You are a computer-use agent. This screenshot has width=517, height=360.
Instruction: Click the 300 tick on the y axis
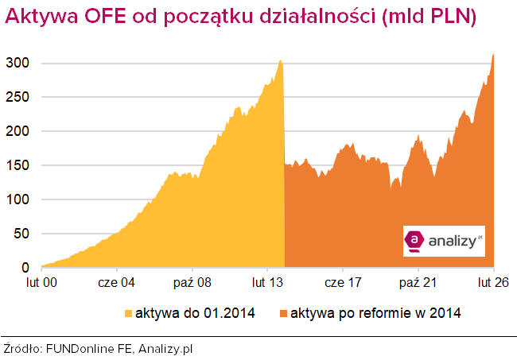click(21, 63)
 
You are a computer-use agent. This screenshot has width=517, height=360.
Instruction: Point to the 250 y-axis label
click(21, 97)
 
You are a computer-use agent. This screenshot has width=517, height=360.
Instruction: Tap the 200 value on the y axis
click(21, 131)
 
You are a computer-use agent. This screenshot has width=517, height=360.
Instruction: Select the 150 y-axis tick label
click(21, 165)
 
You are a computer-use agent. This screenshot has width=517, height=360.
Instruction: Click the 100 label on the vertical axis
click(21, 199)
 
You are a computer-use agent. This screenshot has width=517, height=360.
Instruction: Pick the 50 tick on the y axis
click(24, 234)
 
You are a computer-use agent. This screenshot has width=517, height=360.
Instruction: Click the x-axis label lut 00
click(41, 282)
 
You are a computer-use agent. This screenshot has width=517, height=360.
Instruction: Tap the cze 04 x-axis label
click(116, 282)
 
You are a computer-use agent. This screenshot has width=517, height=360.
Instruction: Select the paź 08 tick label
click(192, 282)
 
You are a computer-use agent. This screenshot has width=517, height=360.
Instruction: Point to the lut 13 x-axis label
click(268, 282)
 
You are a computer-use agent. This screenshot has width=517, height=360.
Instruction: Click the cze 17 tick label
click(344, 282)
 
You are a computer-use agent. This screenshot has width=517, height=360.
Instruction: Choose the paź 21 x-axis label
click(419, 282)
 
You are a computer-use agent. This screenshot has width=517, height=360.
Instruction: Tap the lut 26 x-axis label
click(493, 282)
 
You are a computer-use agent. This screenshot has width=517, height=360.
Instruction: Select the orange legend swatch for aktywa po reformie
click(283, 313)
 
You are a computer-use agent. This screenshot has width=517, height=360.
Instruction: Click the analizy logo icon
click(415, 240)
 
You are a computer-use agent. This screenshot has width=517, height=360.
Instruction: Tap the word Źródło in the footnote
click(23, 348)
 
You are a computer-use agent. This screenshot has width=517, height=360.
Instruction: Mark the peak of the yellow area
click(280, 60)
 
